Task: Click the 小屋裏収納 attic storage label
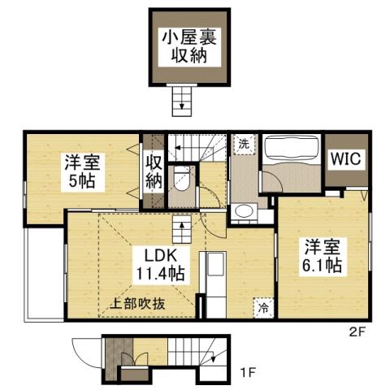tap(189, 46)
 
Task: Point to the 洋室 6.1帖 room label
tap(323, 255)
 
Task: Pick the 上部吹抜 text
tap(138, 305)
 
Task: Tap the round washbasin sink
tap(243, 213)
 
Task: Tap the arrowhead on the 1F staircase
tap(213, 358)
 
